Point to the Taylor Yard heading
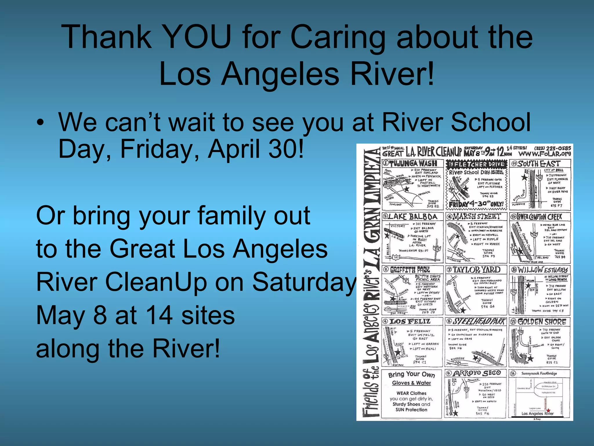(x=477, y=270)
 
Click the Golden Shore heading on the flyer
(x=542, y=322)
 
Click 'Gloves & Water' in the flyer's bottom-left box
(x=411, y=383)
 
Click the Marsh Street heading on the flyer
(x=477, y=216)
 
